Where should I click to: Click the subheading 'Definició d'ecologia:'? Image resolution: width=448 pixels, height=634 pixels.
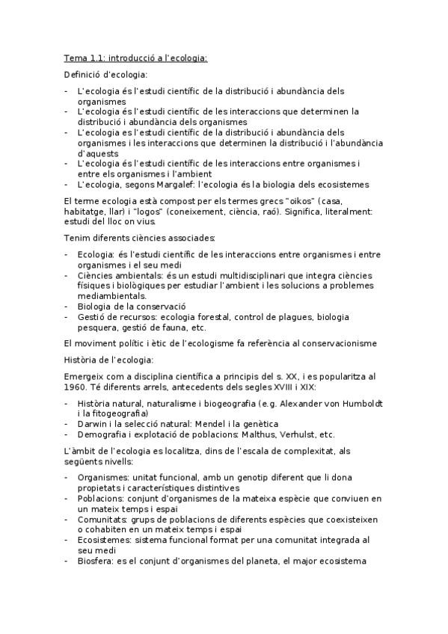105,74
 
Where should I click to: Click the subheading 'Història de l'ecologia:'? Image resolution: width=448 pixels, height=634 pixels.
108,360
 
